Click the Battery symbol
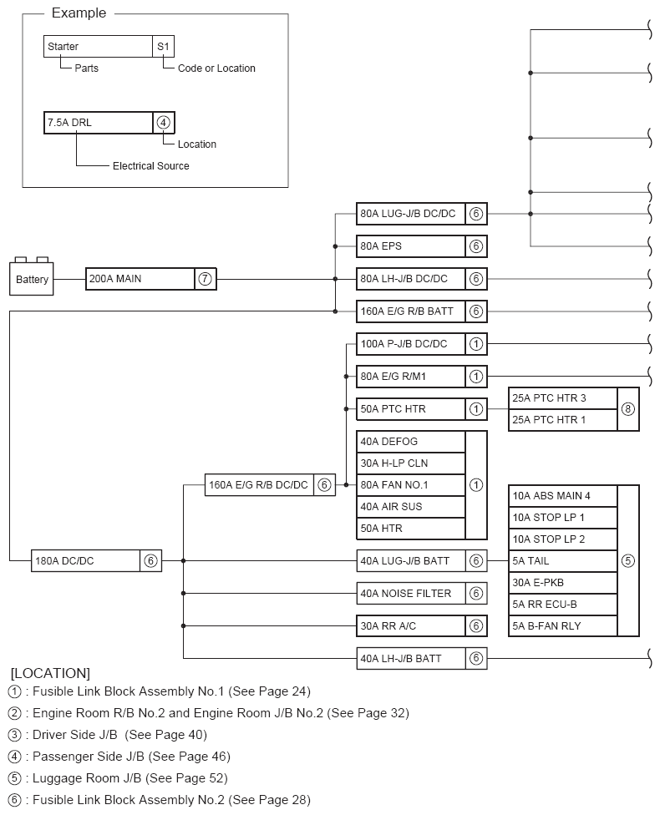32,278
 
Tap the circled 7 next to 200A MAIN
205,279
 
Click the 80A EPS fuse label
410,246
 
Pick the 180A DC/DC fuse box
85,560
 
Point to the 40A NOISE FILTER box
410,594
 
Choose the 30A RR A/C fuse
410,625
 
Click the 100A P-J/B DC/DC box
410,343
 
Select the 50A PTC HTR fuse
410,408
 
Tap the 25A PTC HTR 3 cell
562,398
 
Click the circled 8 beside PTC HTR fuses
628,409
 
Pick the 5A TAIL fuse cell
562,561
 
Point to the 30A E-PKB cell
562,583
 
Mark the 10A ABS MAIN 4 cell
562,496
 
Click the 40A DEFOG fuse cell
410,442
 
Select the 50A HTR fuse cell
410,529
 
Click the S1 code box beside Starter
163,47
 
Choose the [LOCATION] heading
50,673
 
